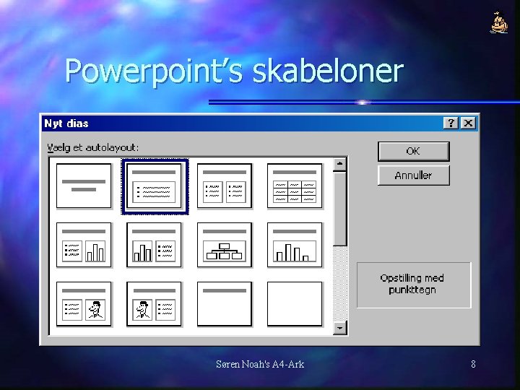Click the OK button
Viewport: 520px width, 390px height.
point(413,151)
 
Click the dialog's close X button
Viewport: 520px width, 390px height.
point(469,123)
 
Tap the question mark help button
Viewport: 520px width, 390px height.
point(452,123)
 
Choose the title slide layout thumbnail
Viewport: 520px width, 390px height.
point(84,186)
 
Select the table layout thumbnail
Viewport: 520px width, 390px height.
point(294,186)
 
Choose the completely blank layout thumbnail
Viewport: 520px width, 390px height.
point(294,304)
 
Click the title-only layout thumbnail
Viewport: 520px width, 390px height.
point(225,304)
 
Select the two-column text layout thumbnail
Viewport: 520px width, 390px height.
point(225,186)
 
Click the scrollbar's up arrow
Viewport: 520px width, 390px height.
point(339,165)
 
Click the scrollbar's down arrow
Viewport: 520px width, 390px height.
point(339,328)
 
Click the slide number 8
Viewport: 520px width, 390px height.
point(473,364)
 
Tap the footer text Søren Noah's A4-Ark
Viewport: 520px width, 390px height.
point(260,364)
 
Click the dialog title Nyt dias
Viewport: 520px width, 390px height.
point(66,123)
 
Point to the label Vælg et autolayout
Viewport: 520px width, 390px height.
point(93,147)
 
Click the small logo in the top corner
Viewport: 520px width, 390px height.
point(499,23)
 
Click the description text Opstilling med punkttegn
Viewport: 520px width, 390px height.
point(412,284)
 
